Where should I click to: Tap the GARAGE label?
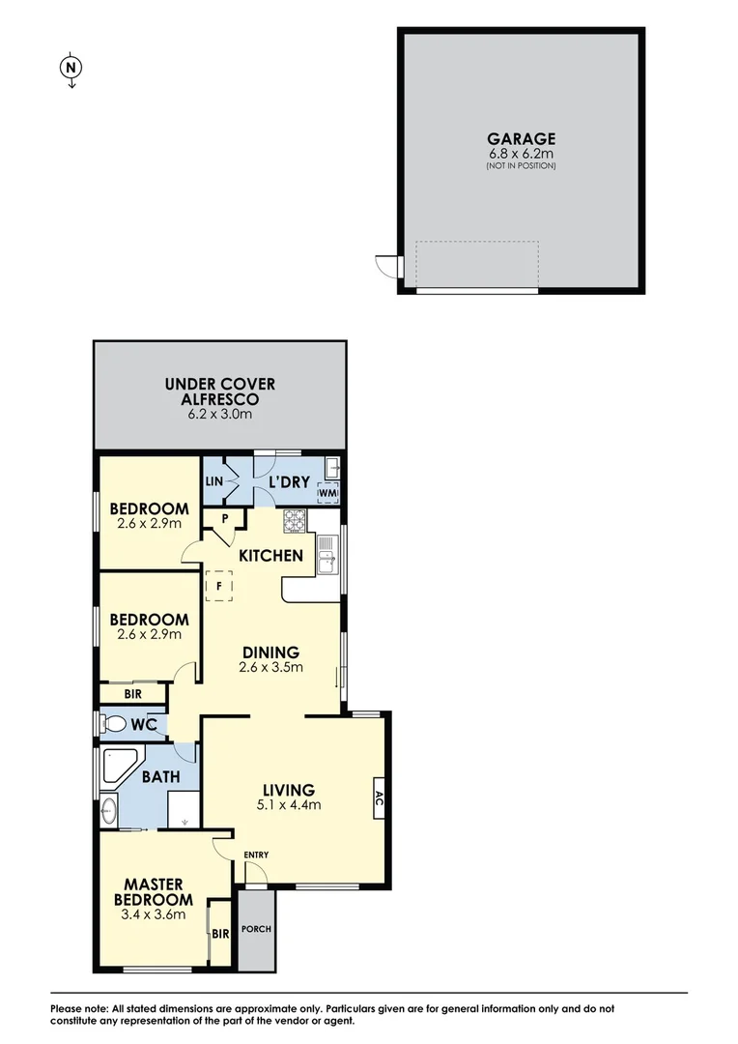pos(521,139)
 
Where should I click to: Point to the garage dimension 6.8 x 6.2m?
pos(521,154)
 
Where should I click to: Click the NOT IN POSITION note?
pos(521,166)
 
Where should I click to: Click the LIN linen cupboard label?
pos(213,481)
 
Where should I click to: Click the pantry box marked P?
pos(224,518)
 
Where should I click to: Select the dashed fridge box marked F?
pos(219,586)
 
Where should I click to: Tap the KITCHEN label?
pos(271,556)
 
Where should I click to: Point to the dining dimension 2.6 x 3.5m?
pos(271,666)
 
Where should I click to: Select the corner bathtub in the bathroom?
pos(119,766)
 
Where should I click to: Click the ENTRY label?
pos(256,855)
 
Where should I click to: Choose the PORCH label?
pos(257,930)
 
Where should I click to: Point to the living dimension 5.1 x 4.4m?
pos(287,804)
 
